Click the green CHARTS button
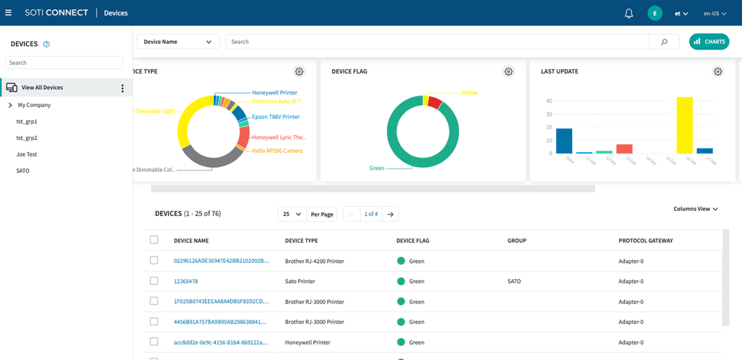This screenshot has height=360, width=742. pyautogui.click(x=709, y=41)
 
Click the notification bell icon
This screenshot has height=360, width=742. pyautogui.click(x=629, y=13)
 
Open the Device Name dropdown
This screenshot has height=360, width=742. pyautogui.click(x=178, y=41)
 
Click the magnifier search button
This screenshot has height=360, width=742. pyautogui.click(x=664, y=41)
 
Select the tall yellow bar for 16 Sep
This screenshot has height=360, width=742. pyautogui.click(x=684, y=125)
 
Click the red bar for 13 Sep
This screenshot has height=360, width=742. pyautogui.click(x=625, y=148)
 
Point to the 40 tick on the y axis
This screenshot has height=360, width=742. pyautogui.click(x=548, y=101)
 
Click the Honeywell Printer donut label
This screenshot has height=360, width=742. pyautogui.click(x=274, y=93)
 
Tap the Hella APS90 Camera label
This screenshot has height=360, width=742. pyautogui.click(x=277, y=151)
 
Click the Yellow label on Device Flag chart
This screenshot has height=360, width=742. pyautogui.click(x=469, y=93)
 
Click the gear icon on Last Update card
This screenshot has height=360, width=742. pyautogui.click(x=717, y=72)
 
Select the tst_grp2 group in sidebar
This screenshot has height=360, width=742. pyautogui.click(x=27, y=138)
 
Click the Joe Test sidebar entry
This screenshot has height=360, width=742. pyautogui.click(x=27, y=154)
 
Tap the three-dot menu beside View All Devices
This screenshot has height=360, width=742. pyautogui.click(x=122, y=88)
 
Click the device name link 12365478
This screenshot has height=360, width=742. pyautogui.click(x=185, y=281)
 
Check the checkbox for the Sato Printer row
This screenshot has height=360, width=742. pyautogui.click(x=154, y=281)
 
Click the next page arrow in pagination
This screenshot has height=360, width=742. pyautogui.click(x=390, y=214)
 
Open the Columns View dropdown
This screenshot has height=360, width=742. pyautogui.click(x=696, y=209)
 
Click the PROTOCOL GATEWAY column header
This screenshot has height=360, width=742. pyautogui.click(x=646, y=241)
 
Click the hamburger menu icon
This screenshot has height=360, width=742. pyautogui.click(x=8, y=13)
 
